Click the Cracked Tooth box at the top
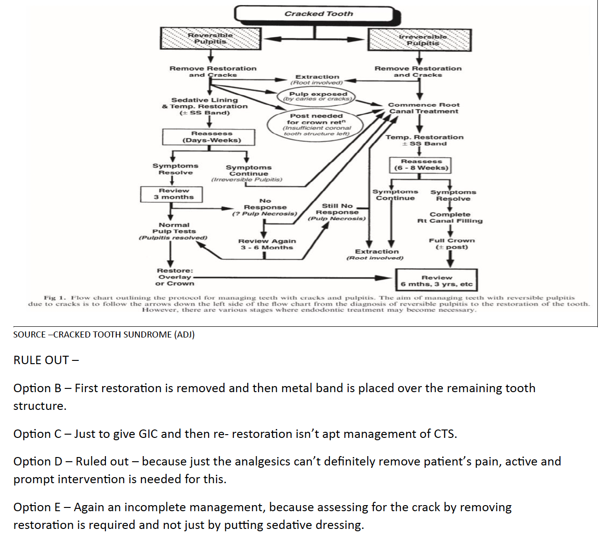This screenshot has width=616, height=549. [x=318, y=14]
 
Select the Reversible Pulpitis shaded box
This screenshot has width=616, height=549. [x=210, y=38]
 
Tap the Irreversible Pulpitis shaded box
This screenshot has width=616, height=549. [x=420, y=40]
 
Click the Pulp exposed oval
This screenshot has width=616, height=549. [x=318, y=96]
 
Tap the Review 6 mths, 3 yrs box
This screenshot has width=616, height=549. [x=436, y=281]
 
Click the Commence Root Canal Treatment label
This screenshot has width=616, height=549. [x=424, y=108]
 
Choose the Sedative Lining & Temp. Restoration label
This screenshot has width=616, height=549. [x=205, y=106]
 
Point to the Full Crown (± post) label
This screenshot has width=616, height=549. [x=451, y=244]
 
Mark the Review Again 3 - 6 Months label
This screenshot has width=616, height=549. [x=267, y=244]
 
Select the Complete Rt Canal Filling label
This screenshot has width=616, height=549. [x=450, y=218]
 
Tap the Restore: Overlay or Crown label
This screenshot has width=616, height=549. [x=175, y=277]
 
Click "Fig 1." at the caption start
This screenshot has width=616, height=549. [x=55, y=297]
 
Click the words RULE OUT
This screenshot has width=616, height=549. [x=41, y=360]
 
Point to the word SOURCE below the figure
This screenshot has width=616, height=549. [x=29, y=334]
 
